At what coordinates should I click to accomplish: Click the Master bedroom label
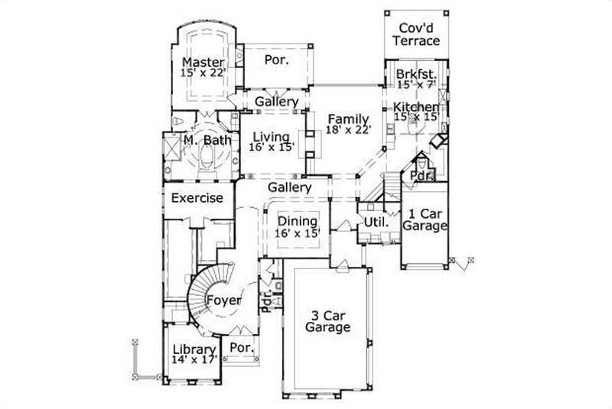203,62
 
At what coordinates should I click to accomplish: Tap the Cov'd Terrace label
415,34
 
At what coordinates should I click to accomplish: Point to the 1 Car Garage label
428,219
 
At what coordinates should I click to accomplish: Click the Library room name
194,350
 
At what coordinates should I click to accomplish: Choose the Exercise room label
197,198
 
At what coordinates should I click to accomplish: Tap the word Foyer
223,300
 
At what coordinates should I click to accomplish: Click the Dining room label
298,221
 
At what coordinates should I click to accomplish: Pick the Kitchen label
416,107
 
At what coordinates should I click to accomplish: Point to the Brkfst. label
416,74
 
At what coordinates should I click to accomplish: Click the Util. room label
382,221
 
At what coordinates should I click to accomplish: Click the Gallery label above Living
276,102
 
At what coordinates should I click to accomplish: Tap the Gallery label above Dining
289,187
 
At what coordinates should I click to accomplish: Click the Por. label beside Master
276,60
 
